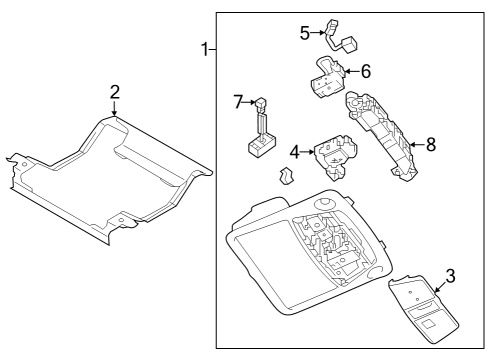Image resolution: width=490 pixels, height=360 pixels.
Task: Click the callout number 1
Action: (x=205, y=49)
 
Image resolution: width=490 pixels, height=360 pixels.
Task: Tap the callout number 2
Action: (x=115, y=92)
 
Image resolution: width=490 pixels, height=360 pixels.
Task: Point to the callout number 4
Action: (x=293, y=152)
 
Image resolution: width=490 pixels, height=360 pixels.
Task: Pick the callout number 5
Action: (x=305, y=32)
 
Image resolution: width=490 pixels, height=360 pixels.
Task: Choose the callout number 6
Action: (x=366, y=72)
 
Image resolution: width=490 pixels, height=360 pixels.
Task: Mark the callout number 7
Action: (x=238, y=102)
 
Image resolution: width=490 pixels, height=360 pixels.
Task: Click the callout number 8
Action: (x=431, y=144)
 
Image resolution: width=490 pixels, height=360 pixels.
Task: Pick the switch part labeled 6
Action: (x=328, y=78)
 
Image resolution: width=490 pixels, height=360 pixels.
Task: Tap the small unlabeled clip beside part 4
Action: (x=286, y=178)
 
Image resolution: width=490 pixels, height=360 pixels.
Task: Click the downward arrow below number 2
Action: (x=115, y=110)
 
